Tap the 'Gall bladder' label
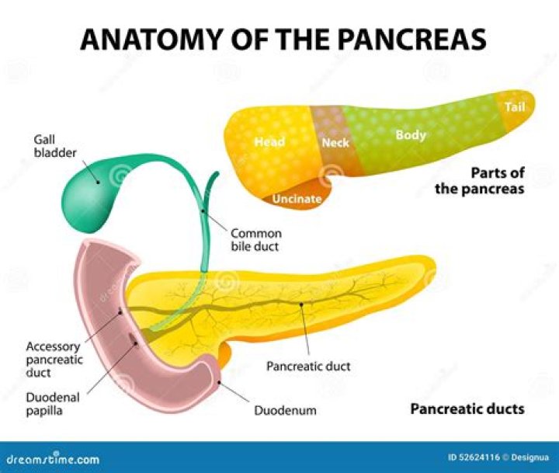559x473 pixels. (x=55, y=145)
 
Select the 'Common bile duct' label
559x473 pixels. (x=256, y=240)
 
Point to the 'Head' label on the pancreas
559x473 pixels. (x=269, y=142)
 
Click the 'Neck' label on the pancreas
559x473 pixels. (x=335, y=143)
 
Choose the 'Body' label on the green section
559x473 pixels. (x=411, y=135)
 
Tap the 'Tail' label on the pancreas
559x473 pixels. (x=515, y=106)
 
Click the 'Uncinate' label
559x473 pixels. (x=297, y=199)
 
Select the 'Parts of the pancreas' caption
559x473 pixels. (x=480, y=180)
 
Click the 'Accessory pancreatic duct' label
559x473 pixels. (x=54, y=360)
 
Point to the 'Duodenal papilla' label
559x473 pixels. (x=53, y=404)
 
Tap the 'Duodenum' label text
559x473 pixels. (x=285, y=410)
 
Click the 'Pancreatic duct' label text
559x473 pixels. (x=308, y=366)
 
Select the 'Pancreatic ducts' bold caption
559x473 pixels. (x=467, y=409)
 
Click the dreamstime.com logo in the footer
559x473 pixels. (x=53, y=458)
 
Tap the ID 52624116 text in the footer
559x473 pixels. (x=474, y=457)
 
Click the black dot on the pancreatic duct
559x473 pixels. (x=301, y=304)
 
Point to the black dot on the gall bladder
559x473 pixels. (x=98, y=182)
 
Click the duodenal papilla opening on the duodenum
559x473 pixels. (x=132, y=336)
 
